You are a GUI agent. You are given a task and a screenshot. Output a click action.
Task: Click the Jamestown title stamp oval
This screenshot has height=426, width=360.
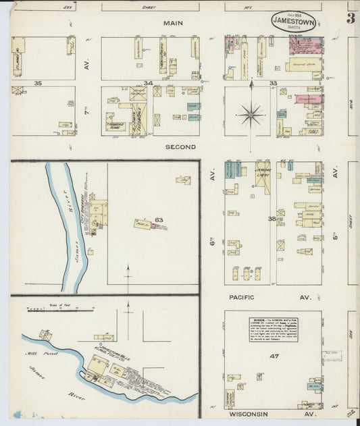(x=293, y=22)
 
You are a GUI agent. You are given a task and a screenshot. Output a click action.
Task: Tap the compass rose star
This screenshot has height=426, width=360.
(x=251, y=114)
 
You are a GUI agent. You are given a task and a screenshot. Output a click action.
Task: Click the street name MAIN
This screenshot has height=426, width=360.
(x=172, y=23)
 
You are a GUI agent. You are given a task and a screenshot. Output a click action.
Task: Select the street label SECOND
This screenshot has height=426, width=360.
(x=180, y=147)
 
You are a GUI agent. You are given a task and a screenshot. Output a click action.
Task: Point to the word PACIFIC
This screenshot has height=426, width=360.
(x=241, y=296)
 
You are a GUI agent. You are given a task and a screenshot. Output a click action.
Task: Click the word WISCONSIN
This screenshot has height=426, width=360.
(x=248, y=413)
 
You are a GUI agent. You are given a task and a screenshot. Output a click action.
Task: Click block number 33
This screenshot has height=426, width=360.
(x=273, y=83)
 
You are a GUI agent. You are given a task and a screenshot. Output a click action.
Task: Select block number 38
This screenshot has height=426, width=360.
(x=272, y=219)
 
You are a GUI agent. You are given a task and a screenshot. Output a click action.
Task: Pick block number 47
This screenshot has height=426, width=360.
(x=274, y=356)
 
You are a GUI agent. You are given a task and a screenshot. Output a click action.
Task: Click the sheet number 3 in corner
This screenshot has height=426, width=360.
(x=351, y=19)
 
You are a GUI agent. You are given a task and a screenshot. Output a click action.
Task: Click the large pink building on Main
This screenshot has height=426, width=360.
(x=305, y=45)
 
